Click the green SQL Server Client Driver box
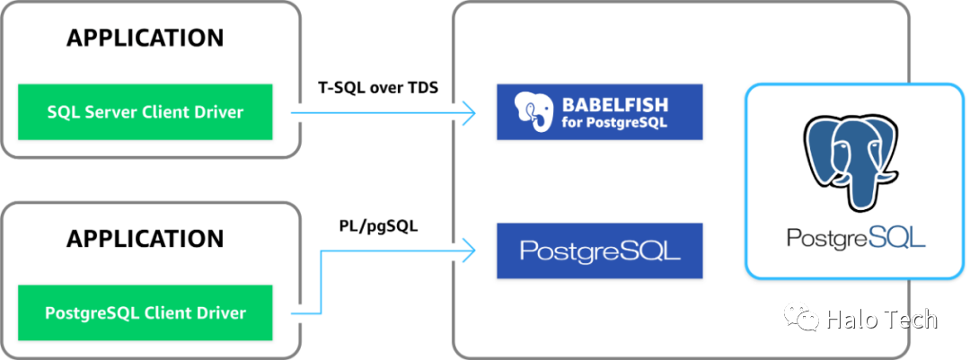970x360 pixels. click(145, 112)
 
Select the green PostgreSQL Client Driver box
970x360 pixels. click(145, 312)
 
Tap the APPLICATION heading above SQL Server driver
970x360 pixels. click(145, 39)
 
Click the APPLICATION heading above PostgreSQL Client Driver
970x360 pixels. click(145, 240)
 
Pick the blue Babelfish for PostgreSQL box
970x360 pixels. click(599, 112)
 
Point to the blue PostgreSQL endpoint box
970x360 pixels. click(599, 250)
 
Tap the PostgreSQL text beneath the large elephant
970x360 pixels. click(855, 238)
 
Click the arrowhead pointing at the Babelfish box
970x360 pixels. click(468, 112)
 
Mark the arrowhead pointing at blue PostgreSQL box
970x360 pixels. click(468, 250)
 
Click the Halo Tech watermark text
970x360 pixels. click(881, 319)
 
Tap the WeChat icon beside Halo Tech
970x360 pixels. click(803, 318)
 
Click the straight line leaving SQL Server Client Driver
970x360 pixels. click(377, 112)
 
